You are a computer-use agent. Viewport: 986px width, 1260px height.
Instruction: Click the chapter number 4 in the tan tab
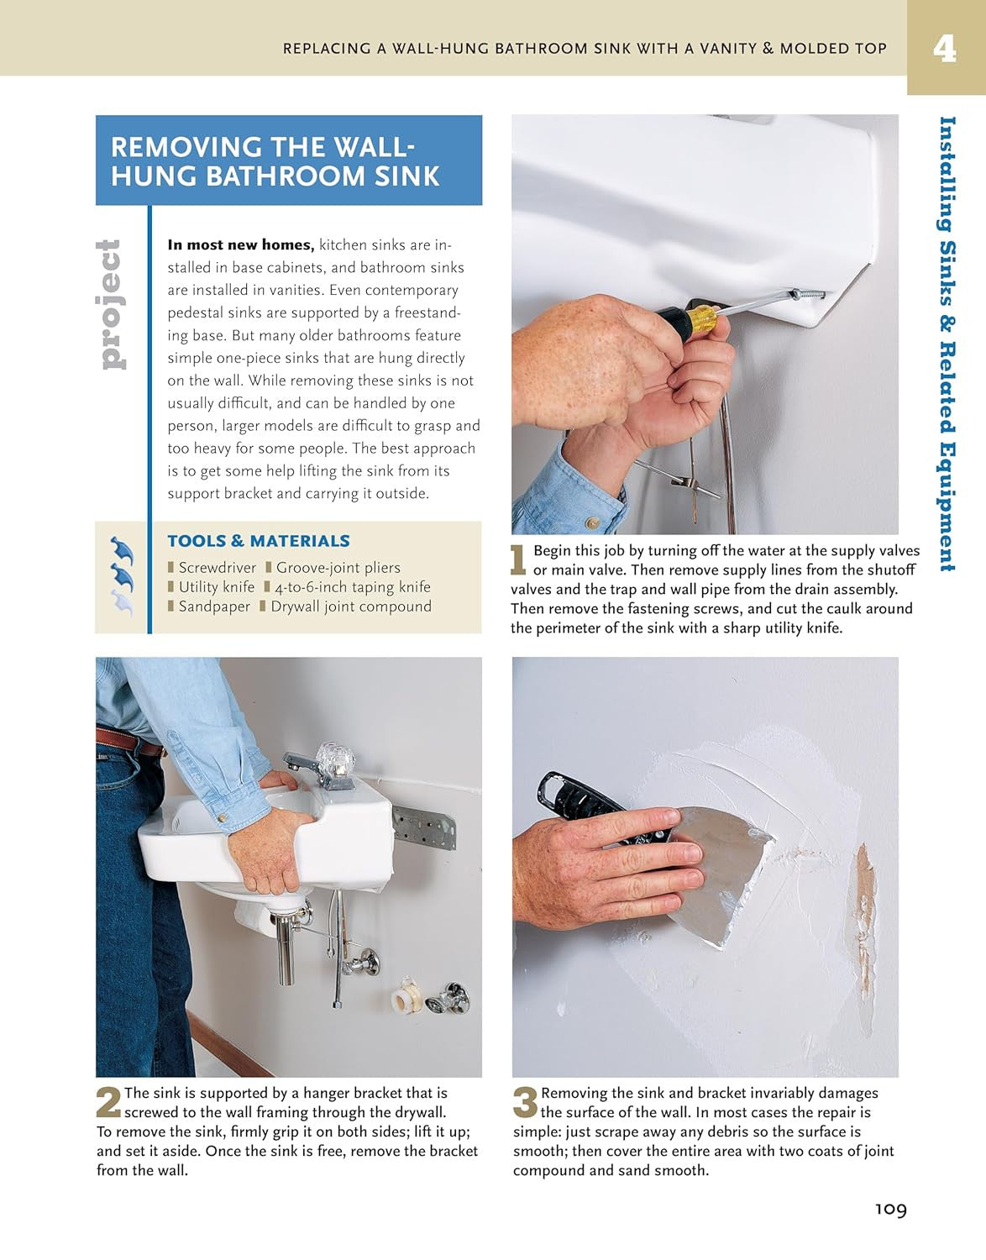click(x=945, y=48)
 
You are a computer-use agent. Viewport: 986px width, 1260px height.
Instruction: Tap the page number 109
click(x=890, y=1209)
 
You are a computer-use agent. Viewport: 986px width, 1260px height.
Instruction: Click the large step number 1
click(x=519, y=560)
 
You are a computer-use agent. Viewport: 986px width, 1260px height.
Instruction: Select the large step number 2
click(x=108, y=1103)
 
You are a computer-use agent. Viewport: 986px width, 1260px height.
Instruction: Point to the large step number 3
click(x=525, y=1103)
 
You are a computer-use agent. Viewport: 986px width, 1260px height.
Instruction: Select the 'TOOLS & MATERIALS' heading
click(x=258, y=541)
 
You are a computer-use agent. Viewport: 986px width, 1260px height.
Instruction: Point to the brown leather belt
click(x=126, y=742)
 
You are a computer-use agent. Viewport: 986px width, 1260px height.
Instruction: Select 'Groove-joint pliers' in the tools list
click(x=338, y=568)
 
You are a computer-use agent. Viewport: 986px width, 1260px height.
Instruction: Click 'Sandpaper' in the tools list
click(x=214, y=606)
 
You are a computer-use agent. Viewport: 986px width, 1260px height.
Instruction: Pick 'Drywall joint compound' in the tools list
click(x=350, y=606)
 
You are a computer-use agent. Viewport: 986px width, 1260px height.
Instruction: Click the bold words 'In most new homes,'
click(x=240, y=245)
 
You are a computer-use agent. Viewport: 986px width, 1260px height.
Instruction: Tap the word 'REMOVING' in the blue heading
click(x=186, y=147)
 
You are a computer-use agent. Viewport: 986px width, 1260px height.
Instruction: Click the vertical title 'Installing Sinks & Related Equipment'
click(x=947, y=344)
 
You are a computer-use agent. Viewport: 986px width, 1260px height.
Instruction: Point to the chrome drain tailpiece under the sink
click(x=286, y=949)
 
